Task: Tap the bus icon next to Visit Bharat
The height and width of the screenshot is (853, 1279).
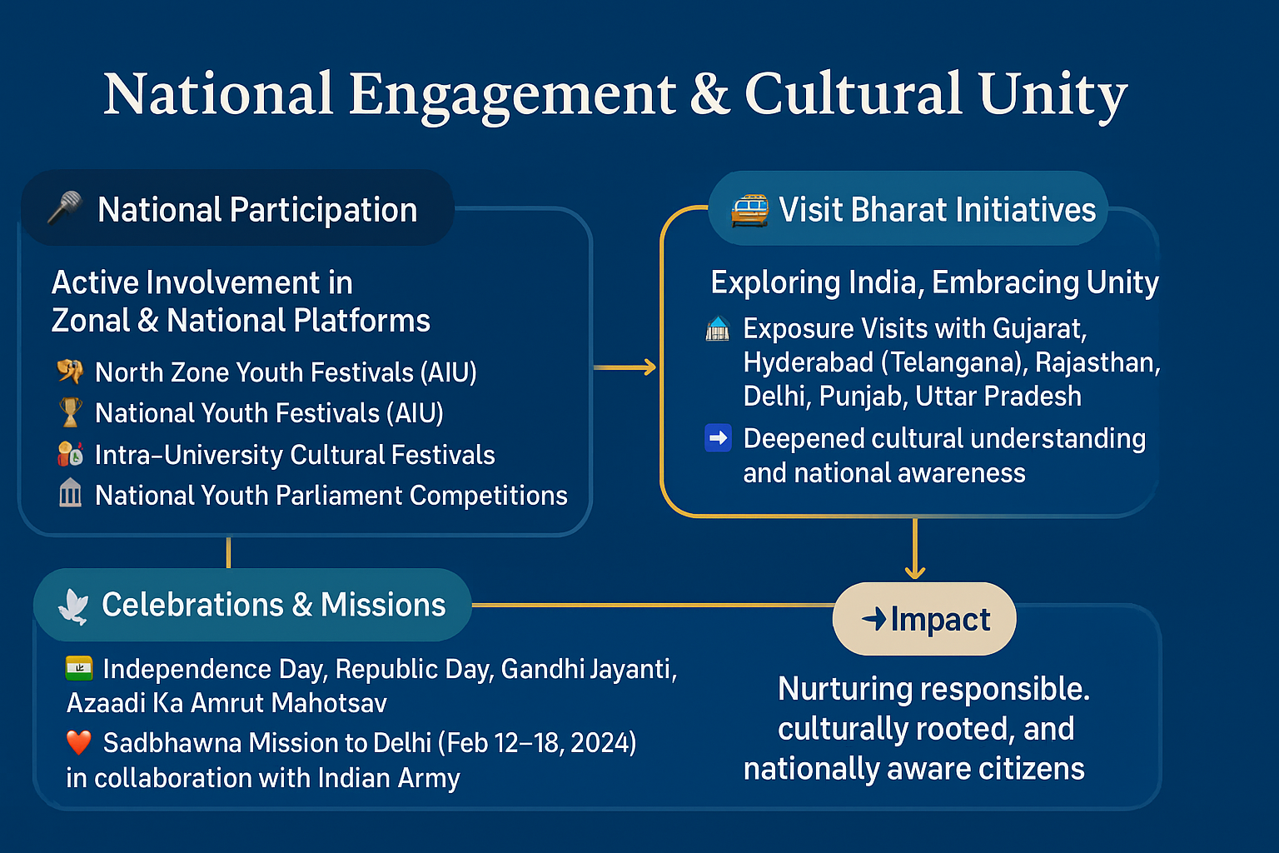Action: point(749,210)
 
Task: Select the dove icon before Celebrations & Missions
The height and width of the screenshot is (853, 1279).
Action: point(73,606)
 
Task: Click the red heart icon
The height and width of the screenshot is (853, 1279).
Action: point(79,742)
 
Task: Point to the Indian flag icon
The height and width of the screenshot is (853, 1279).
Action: point(79,668)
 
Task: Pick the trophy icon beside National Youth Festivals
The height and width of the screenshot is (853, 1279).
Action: point(70,412)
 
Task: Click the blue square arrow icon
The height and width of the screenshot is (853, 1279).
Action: point(718,438)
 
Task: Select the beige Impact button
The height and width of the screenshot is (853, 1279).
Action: point(924,619)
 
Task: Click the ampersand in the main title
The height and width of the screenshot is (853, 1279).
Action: point(709,93)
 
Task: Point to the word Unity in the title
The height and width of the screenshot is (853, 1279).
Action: point(1053,96)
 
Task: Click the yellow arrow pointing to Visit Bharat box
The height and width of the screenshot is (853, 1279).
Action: point(625,367)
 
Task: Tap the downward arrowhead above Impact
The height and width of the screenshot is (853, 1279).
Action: point(915,572)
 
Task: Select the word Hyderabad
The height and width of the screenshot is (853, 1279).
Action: point(809,363)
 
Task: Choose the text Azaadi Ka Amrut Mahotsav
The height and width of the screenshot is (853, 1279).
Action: point(226,703)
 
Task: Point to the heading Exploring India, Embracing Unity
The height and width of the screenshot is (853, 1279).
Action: point(935,283)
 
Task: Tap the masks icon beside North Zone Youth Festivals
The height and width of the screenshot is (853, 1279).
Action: point(70,372)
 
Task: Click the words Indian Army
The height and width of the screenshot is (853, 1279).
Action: point(389,778)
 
